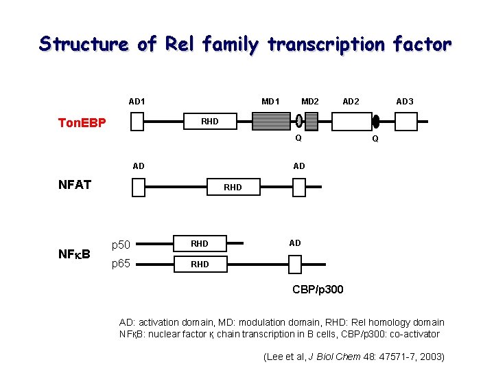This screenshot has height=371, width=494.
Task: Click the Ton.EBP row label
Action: (82, 123)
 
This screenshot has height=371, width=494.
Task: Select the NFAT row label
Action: (75, 185)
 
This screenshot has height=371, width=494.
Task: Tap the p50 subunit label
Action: (121, 245)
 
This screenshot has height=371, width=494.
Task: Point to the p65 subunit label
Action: (121, 262)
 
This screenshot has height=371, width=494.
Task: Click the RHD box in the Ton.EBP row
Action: (209, 122)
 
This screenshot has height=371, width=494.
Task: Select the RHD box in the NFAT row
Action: (233, 187)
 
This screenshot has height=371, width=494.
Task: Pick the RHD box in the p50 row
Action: (200, 243)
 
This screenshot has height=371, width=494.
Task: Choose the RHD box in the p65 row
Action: (200, 264)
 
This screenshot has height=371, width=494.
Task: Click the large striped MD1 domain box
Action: (271, 122)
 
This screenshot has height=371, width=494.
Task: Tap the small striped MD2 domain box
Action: (311, 122)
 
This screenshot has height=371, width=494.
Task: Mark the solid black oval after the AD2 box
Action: (376, 122)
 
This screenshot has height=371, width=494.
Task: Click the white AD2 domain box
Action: (351, 122)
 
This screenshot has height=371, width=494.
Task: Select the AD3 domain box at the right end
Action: (405, 122)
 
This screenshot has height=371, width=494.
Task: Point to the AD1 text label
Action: (137, 102)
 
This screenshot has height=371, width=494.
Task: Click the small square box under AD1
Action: (137, 122)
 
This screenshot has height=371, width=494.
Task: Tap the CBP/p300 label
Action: (318, 290)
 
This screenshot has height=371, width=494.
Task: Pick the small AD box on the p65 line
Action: (295, 264)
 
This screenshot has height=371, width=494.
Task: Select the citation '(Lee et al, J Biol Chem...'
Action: (354, 356)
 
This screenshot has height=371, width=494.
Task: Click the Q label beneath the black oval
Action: (375, 139)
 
